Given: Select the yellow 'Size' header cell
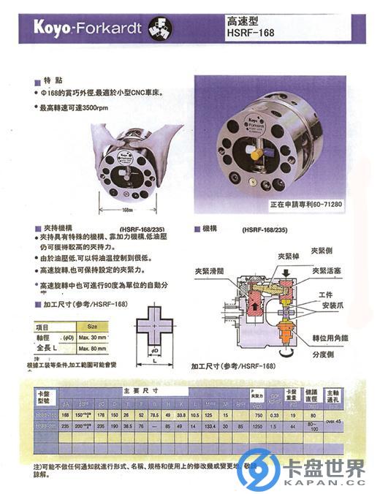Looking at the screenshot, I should click(x=92, y=327).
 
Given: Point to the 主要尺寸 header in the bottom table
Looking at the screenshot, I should click(x=136, y=390).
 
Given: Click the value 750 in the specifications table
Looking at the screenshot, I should click(x=256, y=414).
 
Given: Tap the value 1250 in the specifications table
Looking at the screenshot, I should click(x=256, y=425).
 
